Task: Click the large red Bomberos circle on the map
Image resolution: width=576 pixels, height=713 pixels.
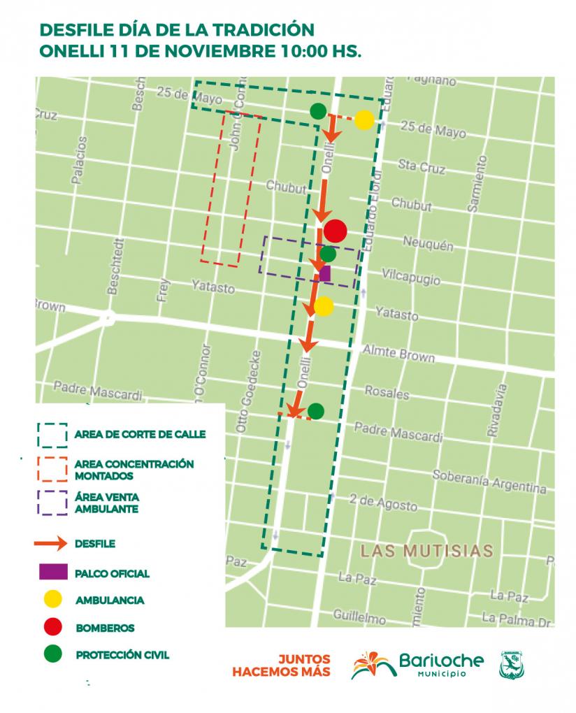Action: coord(336,230)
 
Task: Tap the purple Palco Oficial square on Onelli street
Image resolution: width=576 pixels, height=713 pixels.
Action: coord(324,273)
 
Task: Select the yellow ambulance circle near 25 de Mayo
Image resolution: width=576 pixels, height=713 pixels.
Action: coord(363,120)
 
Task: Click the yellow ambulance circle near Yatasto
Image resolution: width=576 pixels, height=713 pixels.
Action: coord(324,306)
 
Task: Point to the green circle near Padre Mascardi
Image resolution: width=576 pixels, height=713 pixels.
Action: coord(316,411)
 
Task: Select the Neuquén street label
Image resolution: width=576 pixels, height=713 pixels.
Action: coord(428,244)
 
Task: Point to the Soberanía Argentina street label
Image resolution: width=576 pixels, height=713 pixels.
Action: coord(489,482)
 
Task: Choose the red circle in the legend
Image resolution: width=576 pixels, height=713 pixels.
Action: coord(52,627)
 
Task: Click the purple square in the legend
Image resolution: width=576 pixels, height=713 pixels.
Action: coord(52,572)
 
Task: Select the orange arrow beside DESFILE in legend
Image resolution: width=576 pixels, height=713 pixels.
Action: coord(52,542)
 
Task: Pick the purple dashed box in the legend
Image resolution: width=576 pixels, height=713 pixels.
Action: coord(52,503)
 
